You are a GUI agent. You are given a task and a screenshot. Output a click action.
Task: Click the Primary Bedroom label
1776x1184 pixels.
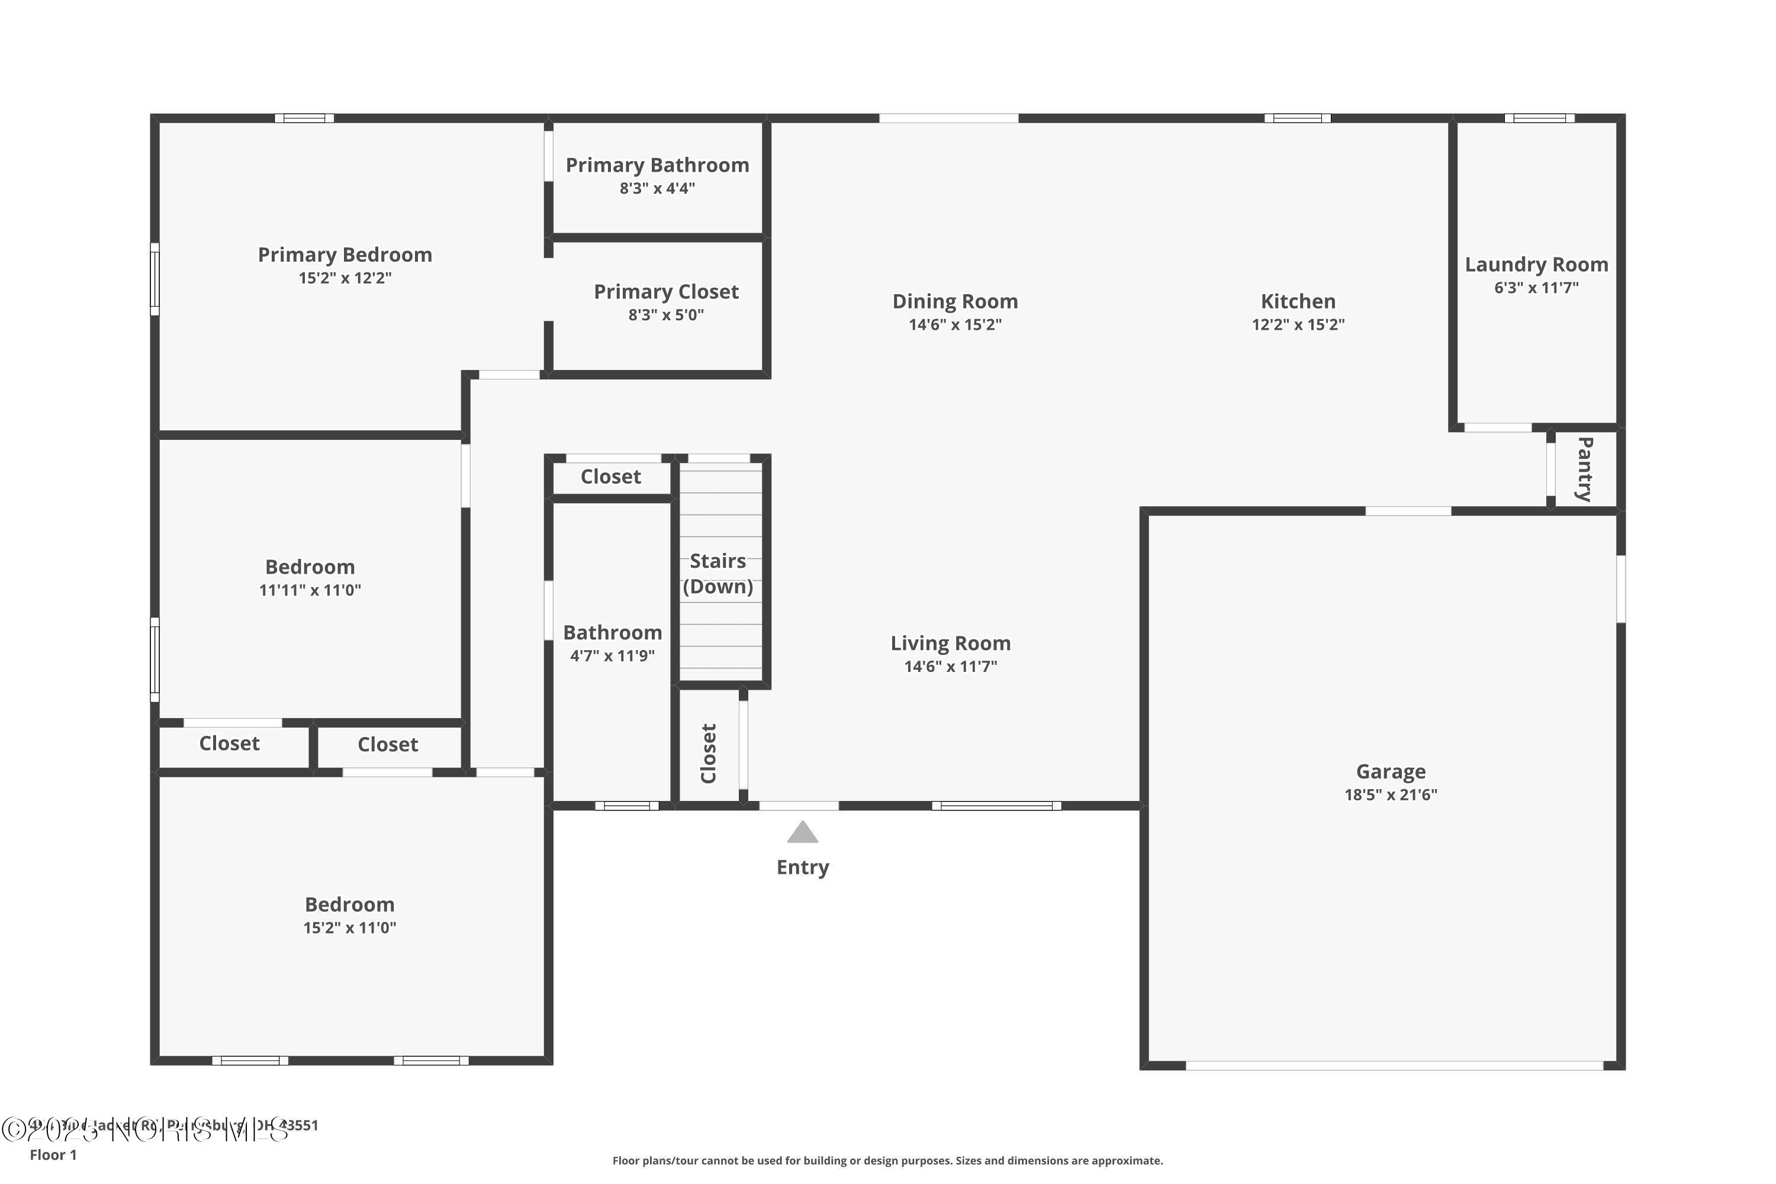pyautogui.click(x=345, y=255)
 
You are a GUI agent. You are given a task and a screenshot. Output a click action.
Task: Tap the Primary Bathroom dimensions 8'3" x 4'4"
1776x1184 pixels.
pyautogui.click(x=657, y=189)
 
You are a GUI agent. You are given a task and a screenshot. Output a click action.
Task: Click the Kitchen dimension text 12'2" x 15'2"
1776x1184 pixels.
pyautogui.click(x=1298, y=324)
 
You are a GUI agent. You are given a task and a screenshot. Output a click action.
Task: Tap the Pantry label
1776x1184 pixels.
pyautogui.click(x=1584, y=469)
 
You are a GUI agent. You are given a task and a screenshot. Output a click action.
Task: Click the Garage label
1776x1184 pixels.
pyautogui.click(x=1390, y=772)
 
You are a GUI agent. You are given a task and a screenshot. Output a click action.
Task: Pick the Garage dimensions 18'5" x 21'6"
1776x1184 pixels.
pyautogui.click(x=1390, y=794)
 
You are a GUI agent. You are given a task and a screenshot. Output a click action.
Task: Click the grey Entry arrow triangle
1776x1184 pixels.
pyautogui.click(x=802, y=833)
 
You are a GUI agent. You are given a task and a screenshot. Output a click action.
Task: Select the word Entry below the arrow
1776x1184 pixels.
pyautogui.click(x=802, y=867)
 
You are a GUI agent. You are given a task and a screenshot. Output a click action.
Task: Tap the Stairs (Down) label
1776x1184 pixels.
pyautogui.click(x=718, y=574)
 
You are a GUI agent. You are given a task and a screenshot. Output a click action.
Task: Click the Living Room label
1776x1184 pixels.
pyautogui.click(x=950, y=644)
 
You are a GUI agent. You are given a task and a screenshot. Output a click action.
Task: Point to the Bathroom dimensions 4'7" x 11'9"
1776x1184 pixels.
pyautogui.click(x=612, y=655)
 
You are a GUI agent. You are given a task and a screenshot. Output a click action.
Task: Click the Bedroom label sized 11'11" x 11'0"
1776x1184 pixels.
pyautogui.click(x=310, y=567)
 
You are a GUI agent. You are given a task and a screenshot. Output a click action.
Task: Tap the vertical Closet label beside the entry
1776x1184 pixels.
pyautogui.click(x=708, y=753)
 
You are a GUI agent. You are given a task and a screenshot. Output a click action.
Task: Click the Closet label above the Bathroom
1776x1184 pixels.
pyautogui.click(x=610, y=477)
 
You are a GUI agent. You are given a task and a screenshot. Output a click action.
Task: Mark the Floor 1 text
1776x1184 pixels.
pyautogui.click(x=53, y=1154)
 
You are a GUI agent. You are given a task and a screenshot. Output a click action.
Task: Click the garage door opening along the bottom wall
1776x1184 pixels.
pyautogui.click(x=1394, y=1066)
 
